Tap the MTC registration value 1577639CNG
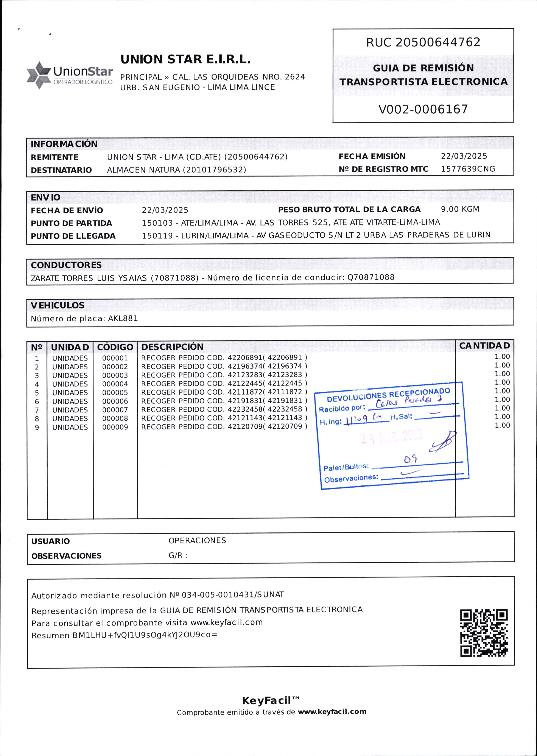pos(468,169)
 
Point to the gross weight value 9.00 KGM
pos(460,209)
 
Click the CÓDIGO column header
pos(115,347)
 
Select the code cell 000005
pos(115,392)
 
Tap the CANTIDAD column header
pos(484,345)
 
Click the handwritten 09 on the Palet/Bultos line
pos(410,459)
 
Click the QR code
pos(484,633)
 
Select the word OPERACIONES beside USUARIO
pos(197,540)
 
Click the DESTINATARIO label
pos(61,170)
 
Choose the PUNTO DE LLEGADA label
pos(73,236)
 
